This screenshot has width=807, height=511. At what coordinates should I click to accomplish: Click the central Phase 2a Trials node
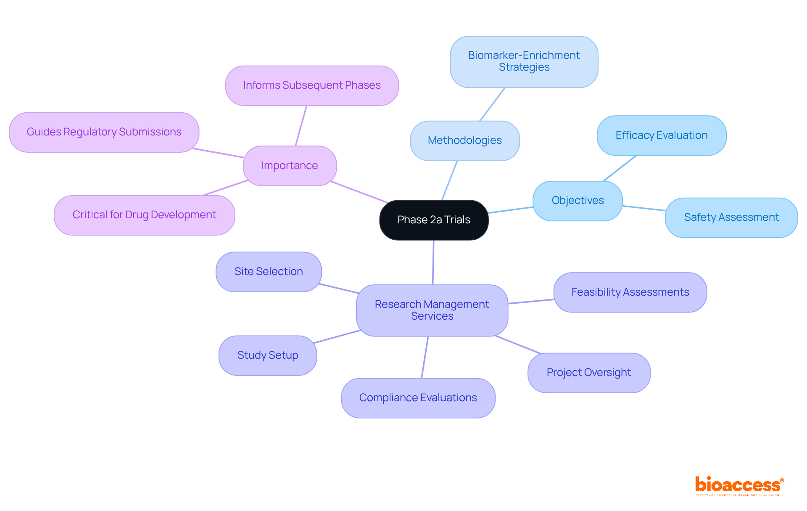[434, 220]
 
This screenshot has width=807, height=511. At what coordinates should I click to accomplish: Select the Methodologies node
[464, 140]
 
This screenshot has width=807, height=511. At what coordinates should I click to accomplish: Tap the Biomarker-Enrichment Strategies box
[524, 62]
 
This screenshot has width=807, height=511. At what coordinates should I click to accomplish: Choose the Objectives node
[578, 201]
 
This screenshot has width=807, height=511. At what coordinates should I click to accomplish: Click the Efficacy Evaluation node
[661, 135]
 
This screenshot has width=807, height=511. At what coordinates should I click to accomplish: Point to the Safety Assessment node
[731, 217]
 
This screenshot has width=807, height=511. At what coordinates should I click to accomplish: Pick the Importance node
[290, 166]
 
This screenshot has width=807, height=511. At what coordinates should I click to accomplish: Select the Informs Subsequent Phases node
[311, 85]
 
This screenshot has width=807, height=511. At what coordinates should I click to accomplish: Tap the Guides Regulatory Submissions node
[104, 132]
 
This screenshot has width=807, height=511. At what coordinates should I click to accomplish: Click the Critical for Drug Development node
[144, 215]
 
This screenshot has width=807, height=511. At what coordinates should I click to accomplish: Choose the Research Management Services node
[432, 310]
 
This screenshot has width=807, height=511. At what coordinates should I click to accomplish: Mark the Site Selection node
[269, 272]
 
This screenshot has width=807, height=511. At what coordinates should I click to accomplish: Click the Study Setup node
[268, 355]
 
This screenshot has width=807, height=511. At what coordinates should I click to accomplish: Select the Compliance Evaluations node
[418, 398]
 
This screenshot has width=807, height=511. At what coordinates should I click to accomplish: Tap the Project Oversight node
[588, 373]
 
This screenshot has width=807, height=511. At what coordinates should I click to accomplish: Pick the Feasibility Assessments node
[630, 292]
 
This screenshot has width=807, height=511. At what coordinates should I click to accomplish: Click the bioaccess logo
[739, 485]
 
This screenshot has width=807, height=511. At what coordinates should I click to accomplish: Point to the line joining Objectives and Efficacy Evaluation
[620, 169]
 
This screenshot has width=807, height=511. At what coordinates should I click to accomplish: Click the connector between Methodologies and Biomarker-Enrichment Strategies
[492, 104]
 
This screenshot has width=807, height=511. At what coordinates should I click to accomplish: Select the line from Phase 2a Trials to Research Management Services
[433, 262]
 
